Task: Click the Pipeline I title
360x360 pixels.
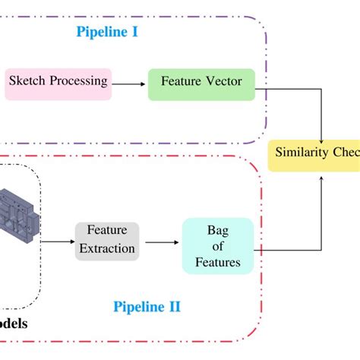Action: click(106, 32)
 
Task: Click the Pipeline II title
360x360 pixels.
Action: click(147, 307)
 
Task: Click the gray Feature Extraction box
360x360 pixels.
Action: click(106, 239)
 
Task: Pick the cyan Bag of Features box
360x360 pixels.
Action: click(217, 245)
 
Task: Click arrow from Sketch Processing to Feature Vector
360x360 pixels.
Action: click(130, 84)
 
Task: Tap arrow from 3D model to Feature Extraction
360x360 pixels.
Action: click(57, 242)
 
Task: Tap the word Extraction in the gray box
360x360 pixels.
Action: click(107, 248)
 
